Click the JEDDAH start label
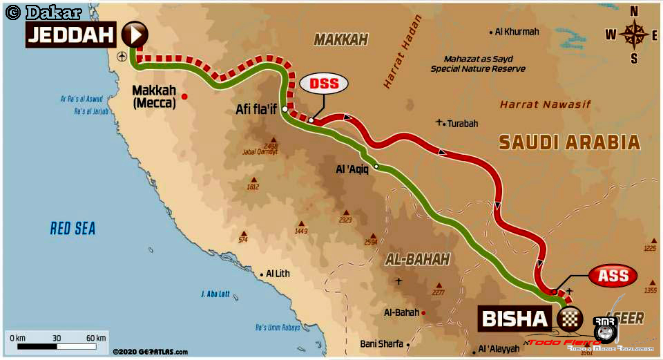coord(70,35)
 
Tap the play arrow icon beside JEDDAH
coord(135,34)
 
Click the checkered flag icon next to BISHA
coord(567,319)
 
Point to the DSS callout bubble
coord(323,84)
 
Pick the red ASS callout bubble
coord(613,276)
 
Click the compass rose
coord(633,34)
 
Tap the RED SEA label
coord(73,228)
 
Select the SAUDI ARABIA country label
coord(569,142)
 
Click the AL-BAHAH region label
coord(416,259)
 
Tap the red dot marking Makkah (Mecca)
coord(184,96)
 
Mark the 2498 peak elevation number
coord(270,146)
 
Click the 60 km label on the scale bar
coord(96,338)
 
